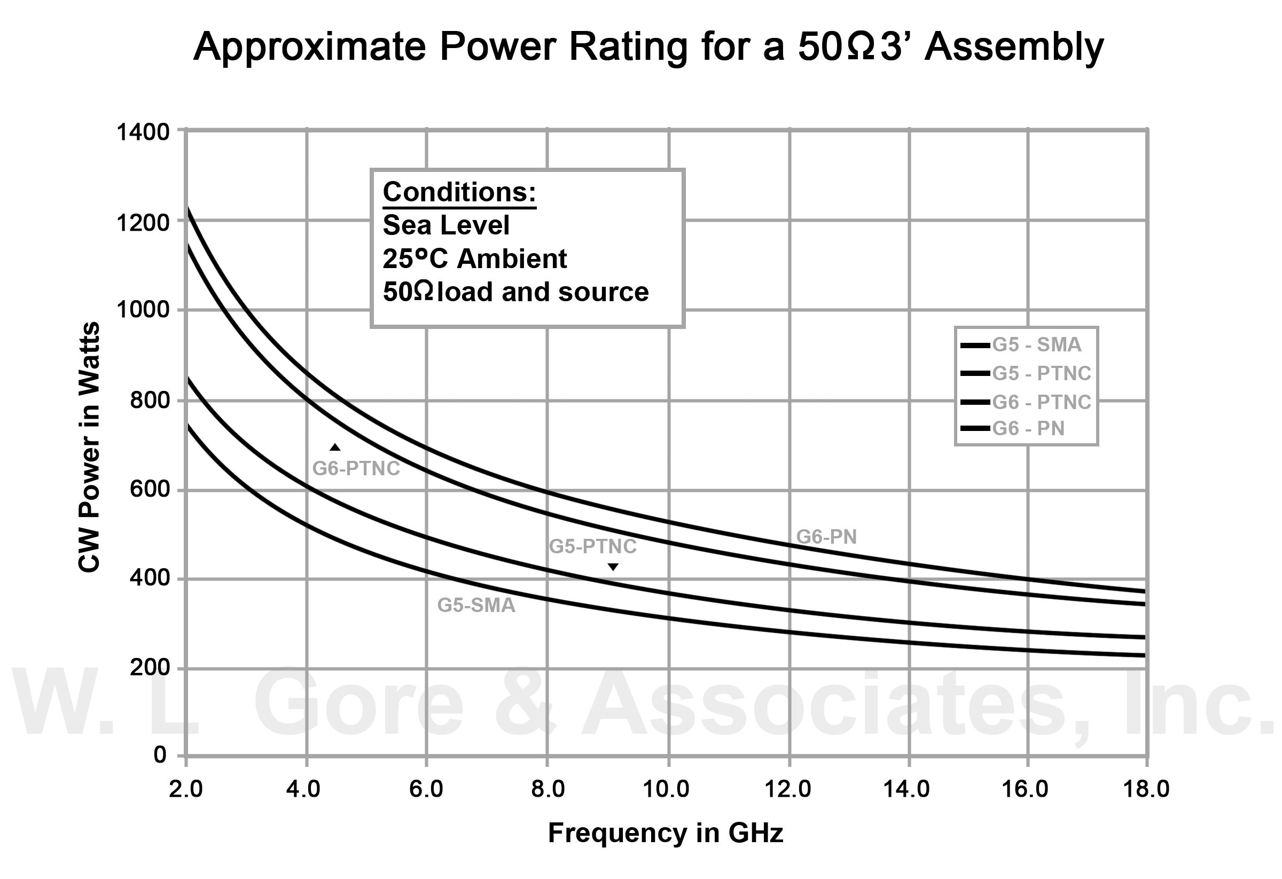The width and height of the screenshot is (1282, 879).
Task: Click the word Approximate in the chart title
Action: click(309, 48)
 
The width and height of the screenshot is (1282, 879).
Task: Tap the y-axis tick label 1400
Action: click(143, 133)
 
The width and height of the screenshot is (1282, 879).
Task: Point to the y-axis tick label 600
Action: click(150, 489)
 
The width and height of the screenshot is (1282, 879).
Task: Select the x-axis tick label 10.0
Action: click(666, 789)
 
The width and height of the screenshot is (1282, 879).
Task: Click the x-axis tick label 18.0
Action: click(1146, 789)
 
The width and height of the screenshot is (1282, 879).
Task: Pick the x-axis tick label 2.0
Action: click(185, 789)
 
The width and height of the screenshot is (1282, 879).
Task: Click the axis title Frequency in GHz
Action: click(665, 833)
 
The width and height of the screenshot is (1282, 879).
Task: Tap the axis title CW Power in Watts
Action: click(89, 446)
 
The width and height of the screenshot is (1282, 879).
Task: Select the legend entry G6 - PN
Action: click(1028, 428)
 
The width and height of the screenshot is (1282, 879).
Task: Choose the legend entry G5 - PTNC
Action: click(1041, 373)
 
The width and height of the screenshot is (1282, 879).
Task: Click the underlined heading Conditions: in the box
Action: click(459, 192)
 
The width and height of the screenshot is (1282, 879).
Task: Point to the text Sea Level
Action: click(445, 225)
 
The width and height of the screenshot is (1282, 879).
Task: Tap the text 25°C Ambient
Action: click(474, 258)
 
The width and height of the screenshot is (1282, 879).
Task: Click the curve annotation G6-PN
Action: click(826, 537)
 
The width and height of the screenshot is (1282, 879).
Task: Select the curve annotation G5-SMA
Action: click(476, 606)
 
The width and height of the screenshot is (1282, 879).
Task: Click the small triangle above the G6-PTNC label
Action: click(335, 447)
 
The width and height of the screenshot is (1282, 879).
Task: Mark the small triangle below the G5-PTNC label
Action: click(613, 567)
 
